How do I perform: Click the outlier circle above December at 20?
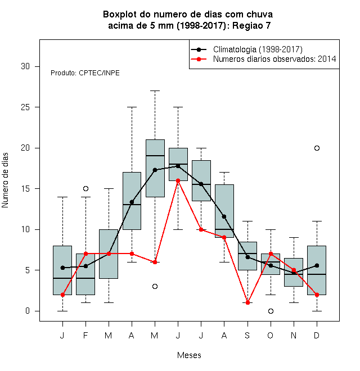317,148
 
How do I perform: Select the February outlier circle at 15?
85,188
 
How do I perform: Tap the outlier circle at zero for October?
271,311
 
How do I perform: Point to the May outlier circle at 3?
155,286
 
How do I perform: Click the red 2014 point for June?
178,180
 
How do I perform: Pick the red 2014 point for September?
247,302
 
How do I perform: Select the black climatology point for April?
132,202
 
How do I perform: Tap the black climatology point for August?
224,216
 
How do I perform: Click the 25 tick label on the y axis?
25,107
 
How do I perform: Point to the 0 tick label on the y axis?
28,311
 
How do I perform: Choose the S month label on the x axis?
247,335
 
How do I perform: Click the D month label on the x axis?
317,335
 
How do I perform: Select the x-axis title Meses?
189,355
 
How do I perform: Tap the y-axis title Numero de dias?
5,180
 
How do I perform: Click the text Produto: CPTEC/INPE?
85,73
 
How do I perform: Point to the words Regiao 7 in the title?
251,25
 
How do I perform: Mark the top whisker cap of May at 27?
155,91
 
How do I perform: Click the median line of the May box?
155,156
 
